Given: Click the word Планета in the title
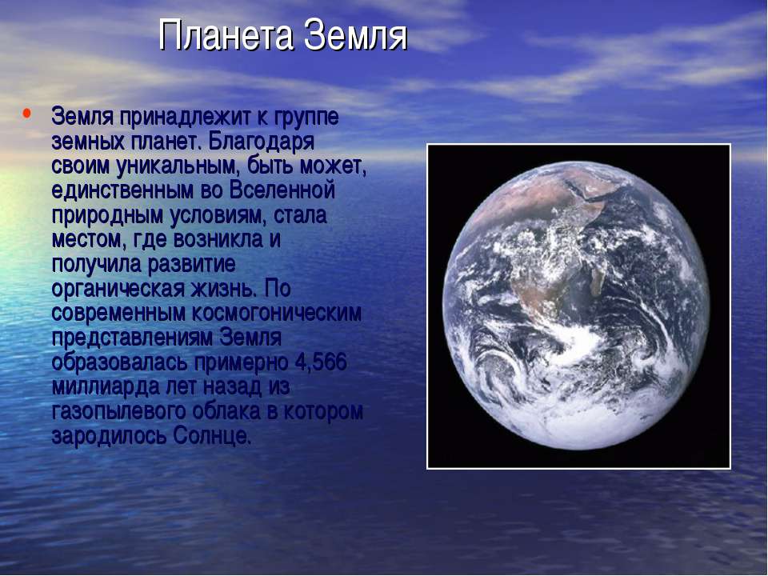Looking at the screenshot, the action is (x=226, y=35).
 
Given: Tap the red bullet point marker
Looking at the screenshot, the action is (x=26, y=114).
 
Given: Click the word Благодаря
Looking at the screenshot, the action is (x=261, y=142).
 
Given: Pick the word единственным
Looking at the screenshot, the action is (x=123, y=190).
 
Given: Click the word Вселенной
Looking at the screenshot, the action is (x=282, y=190).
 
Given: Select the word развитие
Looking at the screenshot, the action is (x=191, y=265).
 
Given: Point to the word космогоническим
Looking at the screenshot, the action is (x=276, y=313).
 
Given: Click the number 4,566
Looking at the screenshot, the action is (x=321, y=362).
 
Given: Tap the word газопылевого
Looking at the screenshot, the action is (x=118, y=411).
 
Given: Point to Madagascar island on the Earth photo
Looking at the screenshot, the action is (x=596, y=280).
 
